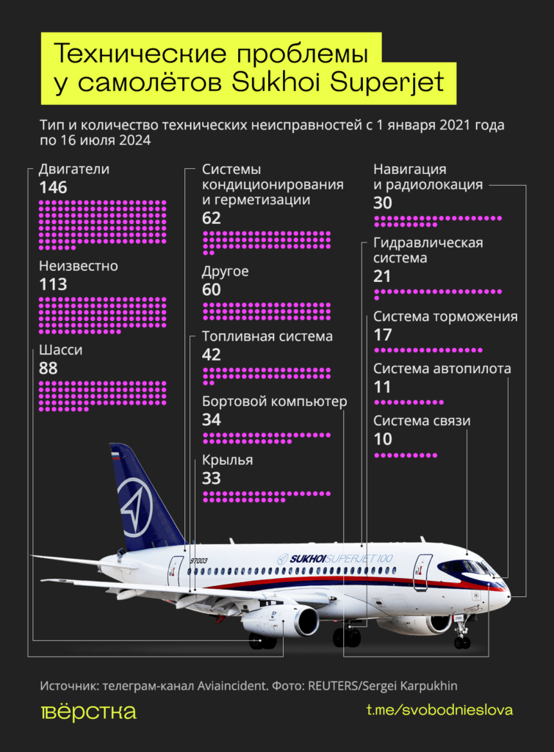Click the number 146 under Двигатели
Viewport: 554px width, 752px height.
pyautogui.click(x=53, y=188)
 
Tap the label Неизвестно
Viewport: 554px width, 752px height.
pyautogui.click(x=78, y=266)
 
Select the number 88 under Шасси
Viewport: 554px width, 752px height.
pyautogui.click(x=48, y=369)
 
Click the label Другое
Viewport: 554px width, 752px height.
pyautogui.click(x=225, y=272)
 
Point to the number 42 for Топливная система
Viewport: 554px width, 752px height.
pyautogui.click(x=212, y=355)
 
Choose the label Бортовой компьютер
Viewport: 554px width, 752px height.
pyautogui.click(x=274, y=402)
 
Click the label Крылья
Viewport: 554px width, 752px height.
pyautogui.click(x=227, y=460)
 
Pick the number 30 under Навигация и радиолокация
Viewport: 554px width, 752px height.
pyautogui.click(x=383, y=203)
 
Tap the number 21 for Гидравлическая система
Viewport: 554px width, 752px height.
pyautogui.click(x=382, y=277)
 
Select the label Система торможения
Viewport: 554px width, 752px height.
pyautogui.click(x=445, y=317)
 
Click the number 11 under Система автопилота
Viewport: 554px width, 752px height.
pyautogui.click(x=382, y=387)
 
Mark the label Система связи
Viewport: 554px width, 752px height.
pyautogui.click(x=422, y=421)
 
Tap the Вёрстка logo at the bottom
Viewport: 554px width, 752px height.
pyautogui.click(x=87, y=712)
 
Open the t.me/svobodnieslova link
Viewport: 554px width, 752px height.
pyautogui.click(x=439, y=710)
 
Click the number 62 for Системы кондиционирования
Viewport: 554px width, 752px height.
pyautogui.click(x=212, y=218)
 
